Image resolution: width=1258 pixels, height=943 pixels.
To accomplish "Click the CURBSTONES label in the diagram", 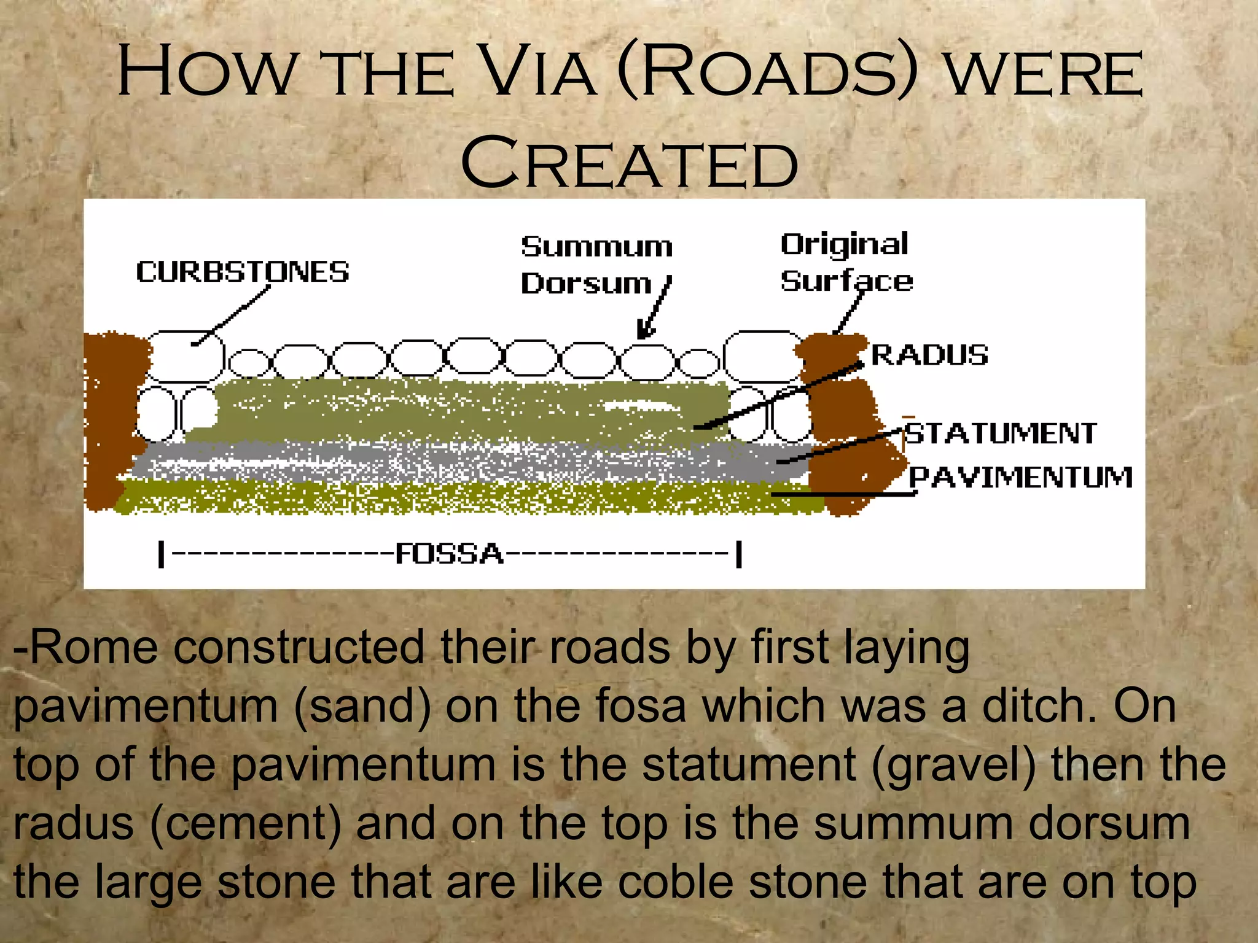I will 243,272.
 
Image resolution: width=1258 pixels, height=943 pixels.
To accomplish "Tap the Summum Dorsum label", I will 596,265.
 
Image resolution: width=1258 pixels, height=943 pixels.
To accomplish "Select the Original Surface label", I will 846,263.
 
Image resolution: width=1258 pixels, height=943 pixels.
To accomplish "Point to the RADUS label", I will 929,355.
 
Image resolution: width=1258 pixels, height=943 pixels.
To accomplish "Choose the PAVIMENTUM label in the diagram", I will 1020,477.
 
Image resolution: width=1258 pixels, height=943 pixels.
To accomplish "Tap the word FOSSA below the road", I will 449,554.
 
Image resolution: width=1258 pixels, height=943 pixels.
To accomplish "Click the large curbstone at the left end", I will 185,356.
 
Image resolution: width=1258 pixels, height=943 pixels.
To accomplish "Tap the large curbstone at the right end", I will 762,356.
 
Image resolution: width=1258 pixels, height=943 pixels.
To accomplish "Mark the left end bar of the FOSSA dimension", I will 162,554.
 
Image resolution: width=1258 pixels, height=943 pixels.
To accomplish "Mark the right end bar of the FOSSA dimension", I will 739,554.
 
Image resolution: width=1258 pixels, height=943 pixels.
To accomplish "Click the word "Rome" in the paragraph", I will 95,648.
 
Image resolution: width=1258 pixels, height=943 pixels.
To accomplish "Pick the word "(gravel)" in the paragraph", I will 953,765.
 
